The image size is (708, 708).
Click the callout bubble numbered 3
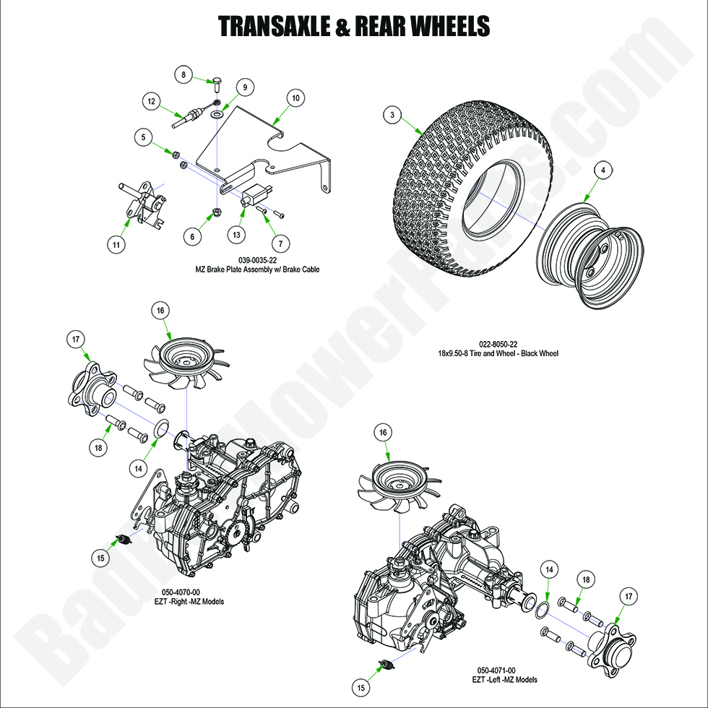392,115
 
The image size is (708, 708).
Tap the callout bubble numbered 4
603,170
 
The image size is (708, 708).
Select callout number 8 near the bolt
184,74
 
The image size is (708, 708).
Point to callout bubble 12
150,102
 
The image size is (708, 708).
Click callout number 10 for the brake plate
295,97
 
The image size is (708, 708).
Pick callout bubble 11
115,245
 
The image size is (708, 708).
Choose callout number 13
236,234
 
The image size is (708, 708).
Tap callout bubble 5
143,136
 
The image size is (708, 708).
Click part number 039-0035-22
258,259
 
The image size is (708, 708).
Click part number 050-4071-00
506,670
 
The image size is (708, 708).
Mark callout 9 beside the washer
244,87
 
